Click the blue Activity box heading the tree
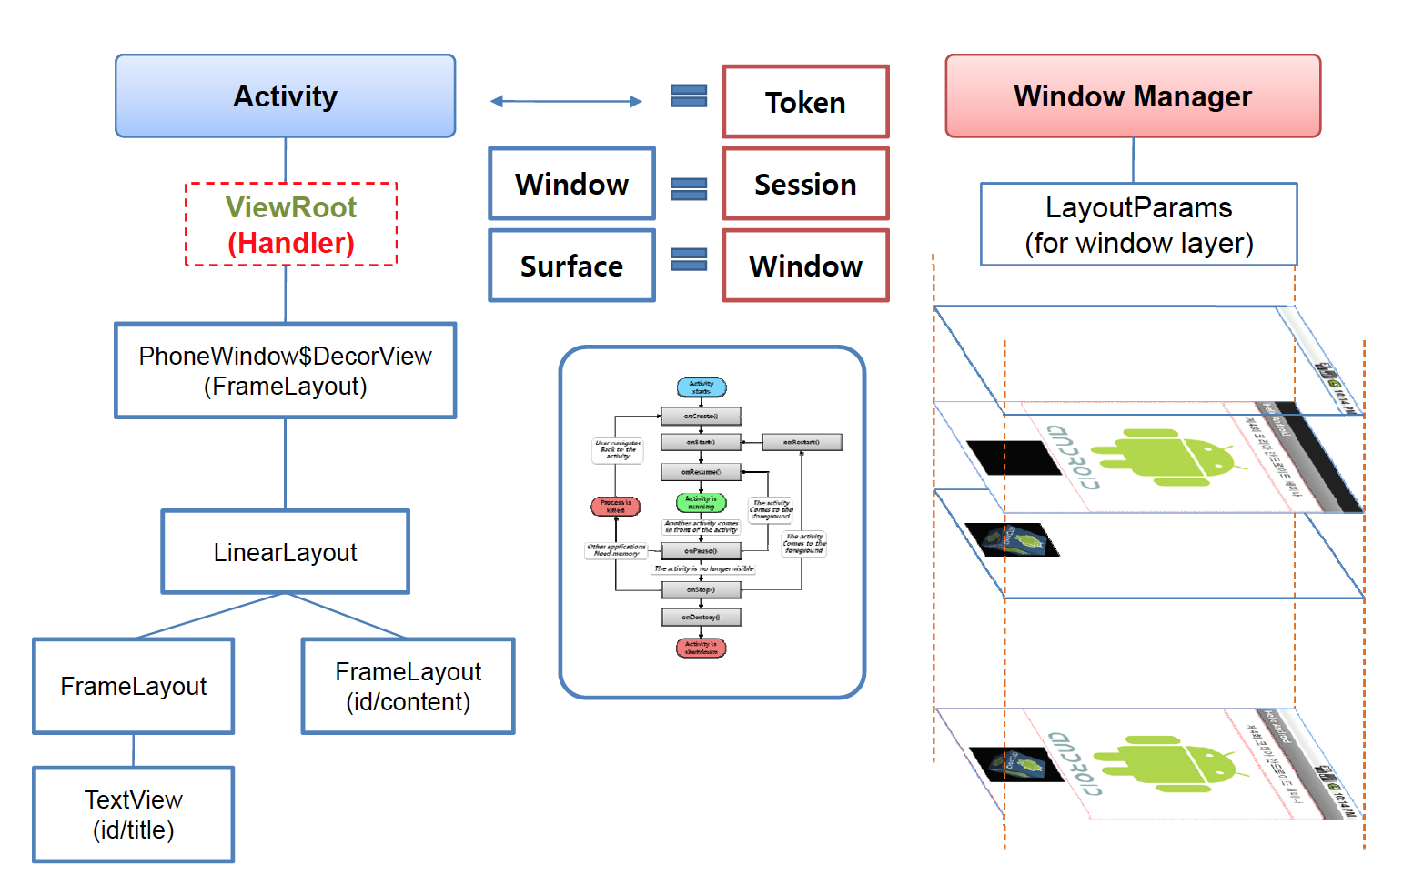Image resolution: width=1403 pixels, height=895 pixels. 285,96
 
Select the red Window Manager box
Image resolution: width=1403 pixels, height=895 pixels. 1133,96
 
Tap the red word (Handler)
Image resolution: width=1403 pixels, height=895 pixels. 291,243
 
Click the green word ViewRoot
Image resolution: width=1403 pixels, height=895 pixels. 291,207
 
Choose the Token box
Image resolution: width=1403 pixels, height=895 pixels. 805,102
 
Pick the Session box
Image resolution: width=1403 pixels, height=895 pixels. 805,184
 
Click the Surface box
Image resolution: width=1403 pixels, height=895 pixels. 571,266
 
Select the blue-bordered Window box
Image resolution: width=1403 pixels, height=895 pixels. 571,184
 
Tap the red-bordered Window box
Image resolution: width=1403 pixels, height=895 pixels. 805,266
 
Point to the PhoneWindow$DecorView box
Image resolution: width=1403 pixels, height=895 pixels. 285,370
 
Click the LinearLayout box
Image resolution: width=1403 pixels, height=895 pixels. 285,552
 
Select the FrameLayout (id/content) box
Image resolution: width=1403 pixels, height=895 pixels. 408,686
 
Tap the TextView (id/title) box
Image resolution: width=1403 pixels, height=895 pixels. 134,814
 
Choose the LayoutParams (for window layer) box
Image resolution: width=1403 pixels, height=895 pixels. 1138,225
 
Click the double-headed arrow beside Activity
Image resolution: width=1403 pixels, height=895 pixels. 566,101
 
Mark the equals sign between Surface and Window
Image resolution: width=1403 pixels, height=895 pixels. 689,260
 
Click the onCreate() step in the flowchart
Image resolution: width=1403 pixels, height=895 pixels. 701,417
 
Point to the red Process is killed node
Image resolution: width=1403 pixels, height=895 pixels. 616,507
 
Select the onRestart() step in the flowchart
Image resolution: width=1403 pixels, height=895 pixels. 802,442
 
